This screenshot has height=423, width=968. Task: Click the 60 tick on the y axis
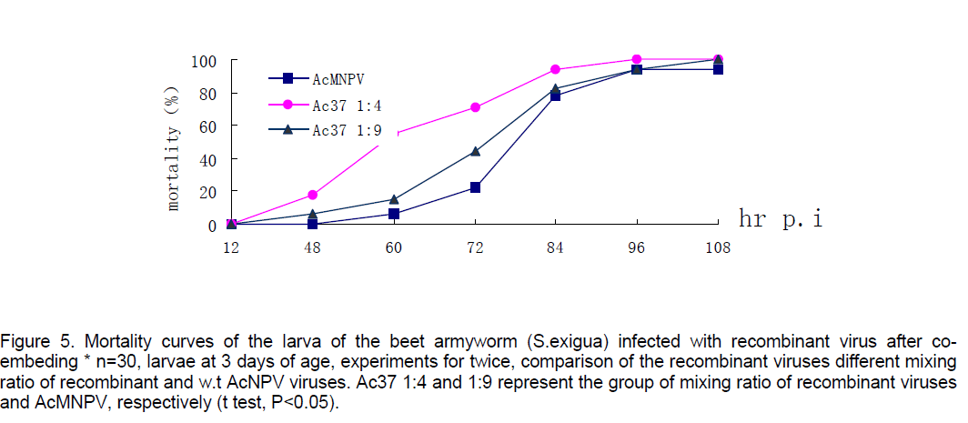coord(207,126)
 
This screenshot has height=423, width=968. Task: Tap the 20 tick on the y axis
coord(207,192)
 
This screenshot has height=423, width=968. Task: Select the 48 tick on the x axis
coord(312,247)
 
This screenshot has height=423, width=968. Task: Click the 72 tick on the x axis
coord(475,247)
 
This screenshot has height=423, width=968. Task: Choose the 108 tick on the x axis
coord(718,247)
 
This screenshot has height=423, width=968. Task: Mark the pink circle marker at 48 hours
coord(312,195)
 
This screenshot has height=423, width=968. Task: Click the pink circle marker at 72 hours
coord(475,107)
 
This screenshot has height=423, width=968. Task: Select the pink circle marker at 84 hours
coord(556,70)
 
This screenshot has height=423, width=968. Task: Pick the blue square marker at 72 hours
coord(475,187)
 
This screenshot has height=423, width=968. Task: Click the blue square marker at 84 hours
coord(556,96)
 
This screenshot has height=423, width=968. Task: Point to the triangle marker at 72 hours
coord(475,151)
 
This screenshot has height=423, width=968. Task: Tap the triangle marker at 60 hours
coord(394,199)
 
